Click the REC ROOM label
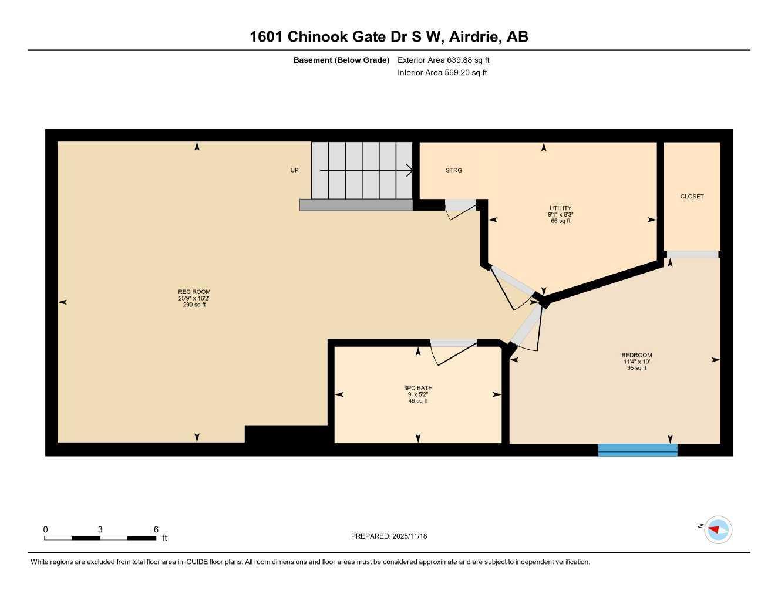(194, 292)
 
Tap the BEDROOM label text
(636, 355)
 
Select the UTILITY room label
(560, 208)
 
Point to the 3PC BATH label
(418, 388)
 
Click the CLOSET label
(692, 197)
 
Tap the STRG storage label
(454, 170)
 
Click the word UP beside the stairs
(294, 170)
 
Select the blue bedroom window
(638, 450)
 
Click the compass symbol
(718, 530)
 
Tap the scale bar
(100, 538)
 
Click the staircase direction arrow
(366, 170)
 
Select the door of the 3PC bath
(453, 351)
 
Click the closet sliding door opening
(693, 254)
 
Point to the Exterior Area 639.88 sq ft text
(443, 60)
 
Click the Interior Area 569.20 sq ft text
(442, 73)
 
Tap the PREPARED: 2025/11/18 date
(389, 536)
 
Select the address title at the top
(389, 36)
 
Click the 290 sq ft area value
(194, 305)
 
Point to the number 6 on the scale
(156, 529)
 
